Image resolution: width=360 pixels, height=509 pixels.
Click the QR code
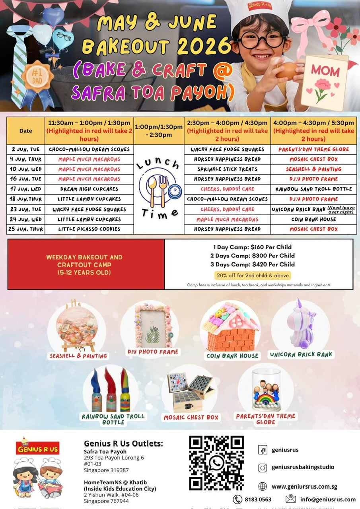tap(216, 463)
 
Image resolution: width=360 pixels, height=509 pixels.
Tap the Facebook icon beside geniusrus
tap(263, 450)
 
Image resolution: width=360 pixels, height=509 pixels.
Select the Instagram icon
tap(263, 468)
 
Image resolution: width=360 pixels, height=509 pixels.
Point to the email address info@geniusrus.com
tap(328, 499)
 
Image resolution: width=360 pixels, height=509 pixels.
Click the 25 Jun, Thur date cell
tap(26, 229)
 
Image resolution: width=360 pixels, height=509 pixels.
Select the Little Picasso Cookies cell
tap(89, 229)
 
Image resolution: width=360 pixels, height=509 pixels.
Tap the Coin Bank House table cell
tap(313, 219)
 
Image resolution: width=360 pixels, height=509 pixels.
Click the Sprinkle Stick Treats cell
tap(227, 169)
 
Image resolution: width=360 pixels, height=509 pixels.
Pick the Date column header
tap(26, 130)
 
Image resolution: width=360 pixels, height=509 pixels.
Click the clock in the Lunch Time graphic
tap(175, 191)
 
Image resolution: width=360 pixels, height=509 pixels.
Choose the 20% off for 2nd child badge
tap(253, 275)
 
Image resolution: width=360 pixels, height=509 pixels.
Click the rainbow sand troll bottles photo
tap(111, 390)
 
